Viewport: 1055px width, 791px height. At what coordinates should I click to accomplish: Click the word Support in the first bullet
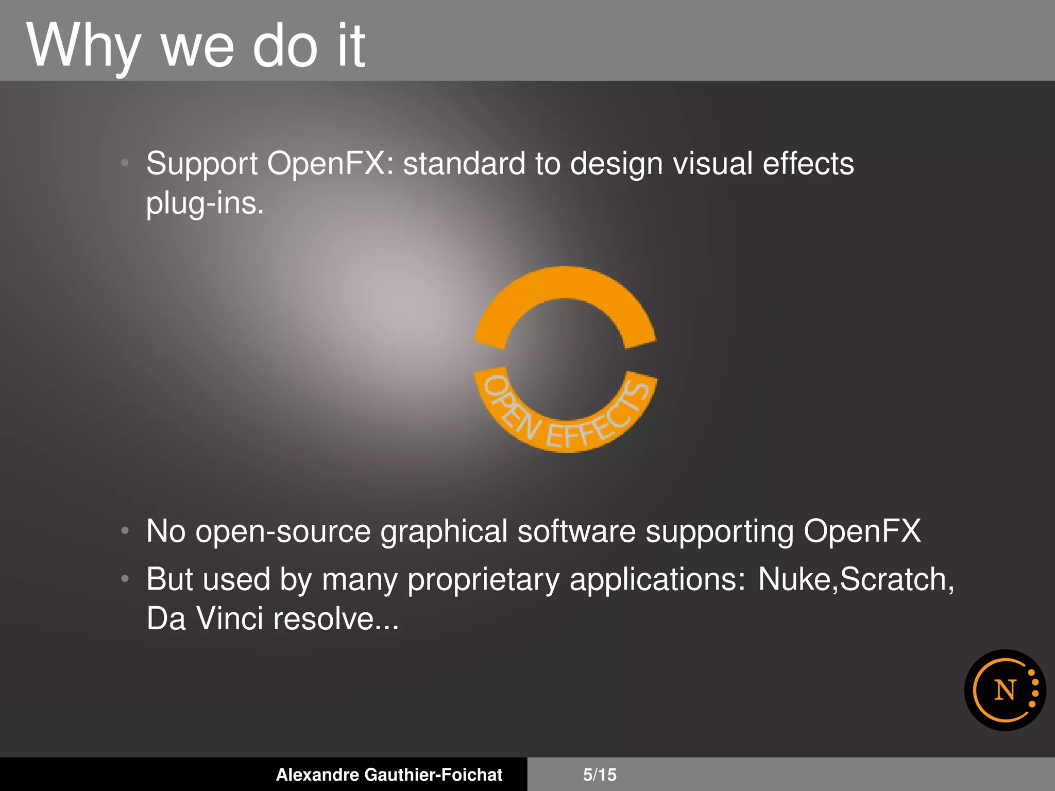[201, 164]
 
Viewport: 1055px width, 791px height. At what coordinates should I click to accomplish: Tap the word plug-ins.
[205, 203]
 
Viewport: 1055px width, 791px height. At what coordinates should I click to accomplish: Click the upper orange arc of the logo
[565, 288]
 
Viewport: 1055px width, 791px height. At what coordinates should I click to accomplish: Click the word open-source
[283, 531]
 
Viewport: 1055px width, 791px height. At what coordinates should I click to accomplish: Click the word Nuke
[794, 579]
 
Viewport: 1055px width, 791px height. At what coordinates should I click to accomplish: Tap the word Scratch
[894, 579]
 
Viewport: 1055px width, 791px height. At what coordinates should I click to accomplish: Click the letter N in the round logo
[1005, 691]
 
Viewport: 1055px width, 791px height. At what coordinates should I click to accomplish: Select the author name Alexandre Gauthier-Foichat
[389, 775]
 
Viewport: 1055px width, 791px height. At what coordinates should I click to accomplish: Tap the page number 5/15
[600, 775]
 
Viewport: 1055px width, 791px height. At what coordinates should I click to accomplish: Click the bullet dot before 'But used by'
[125, 579]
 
